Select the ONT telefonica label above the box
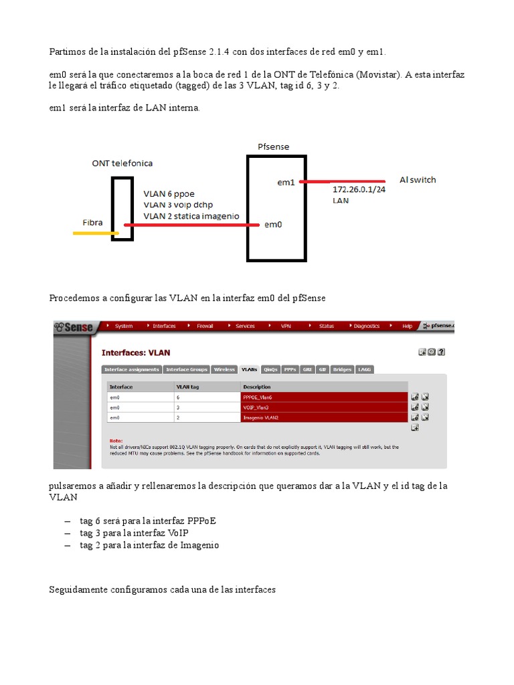tap(122, 163)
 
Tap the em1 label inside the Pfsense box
tap(286, 182)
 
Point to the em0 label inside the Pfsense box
tap(273, 225)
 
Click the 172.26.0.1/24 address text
tap(359, 189)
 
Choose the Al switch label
tap(418, 180)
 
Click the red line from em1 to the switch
tap(343, 181)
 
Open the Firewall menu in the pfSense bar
tap(205, 326)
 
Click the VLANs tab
tap(250, 369)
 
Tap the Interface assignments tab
tap(132, 369)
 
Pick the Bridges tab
tap(342, 369)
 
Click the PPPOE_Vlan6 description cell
tap(323, 397)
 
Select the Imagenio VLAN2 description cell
tap(323, 417)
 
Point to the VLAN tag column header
tap(187, 387)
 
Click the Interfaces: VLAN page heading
tap(136, 353)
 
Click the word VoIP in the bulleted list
tap(179, 532)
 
